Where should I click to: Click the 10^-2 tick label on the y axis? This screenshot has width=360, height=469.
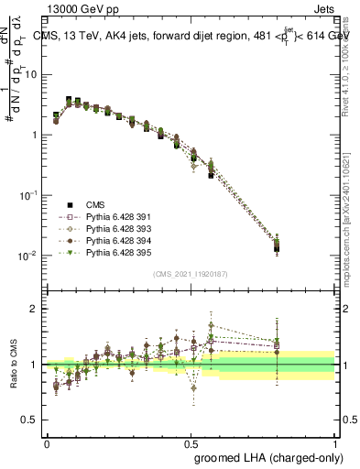click(27, 256)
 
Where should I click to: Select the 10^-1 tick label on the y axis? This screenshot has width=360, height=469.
click(27, 195)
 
